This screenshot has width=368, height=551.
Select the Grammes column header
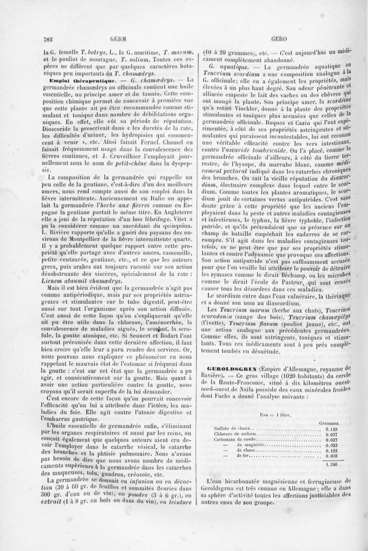click(x=328, y=422)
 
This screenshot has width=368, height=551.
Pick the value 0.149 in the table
click(x=331, y=429)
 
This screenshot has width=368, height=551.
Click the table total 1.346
click(x=331, y=464)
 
